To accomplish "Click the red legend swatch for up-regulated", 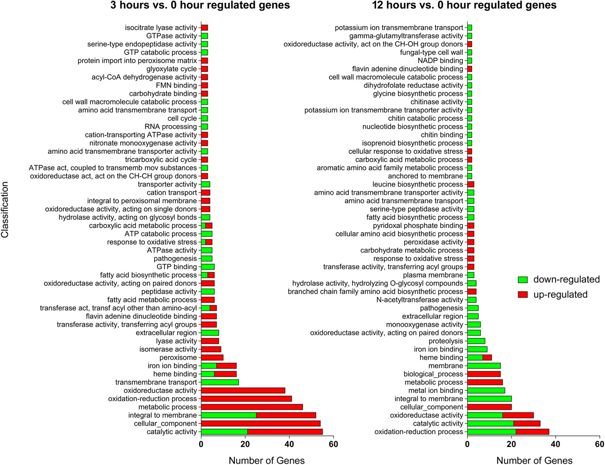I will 522,295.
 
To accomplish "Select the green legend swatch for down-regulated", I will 522,280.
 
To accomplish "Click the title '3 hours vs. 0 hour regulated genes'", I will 200,5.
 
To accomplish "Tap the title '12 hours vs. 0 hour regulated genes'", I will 464,5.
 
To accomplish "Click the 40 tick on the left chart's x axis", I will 289,444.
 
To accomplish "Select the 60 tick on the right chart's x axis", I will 599,444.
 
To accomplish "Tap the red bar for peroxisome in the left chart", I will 212,358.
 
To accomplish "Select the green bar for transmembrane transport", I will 220,382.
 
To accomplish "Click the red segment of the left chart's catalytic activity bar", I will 285,432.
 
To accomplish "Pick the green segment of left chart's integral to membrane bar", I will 228,415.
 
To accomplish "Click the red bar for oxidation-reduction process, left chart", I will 246,399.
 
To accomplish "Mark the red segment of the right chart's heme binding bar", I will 487,358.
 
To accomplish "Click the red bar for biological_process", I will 484,374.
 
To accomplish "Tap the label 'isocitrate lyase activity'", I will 161,28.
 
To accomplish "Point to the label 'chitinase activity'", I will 437,102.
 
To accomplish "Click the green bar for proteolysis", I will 476,341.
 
